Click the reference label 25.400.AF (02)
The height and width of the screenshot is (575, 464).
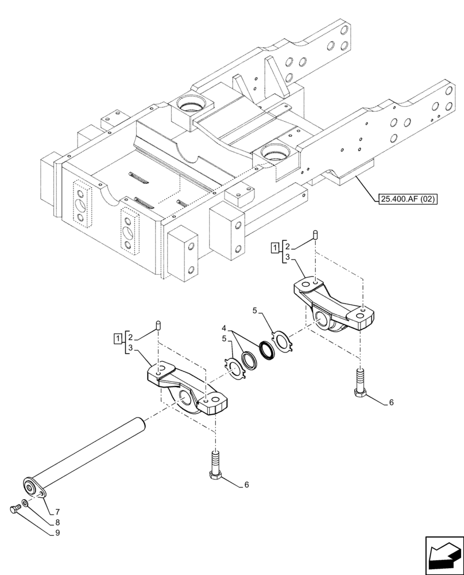tap(408, 200)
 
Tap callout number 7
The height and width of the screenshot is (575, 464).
tap(58, 511)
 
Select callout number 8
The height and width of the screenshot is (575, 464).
tap(58, 523)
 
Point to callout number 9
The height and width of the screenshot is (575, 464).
tap(58, 533)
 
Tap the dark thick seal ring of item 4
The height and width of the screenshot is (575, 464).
tap(268, 350)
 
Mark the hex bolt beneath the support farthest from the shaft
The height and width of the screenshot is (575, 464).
tap(359, 384)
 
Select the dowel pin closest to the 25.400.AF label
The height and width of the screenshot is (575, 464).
tap(315, 233)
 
